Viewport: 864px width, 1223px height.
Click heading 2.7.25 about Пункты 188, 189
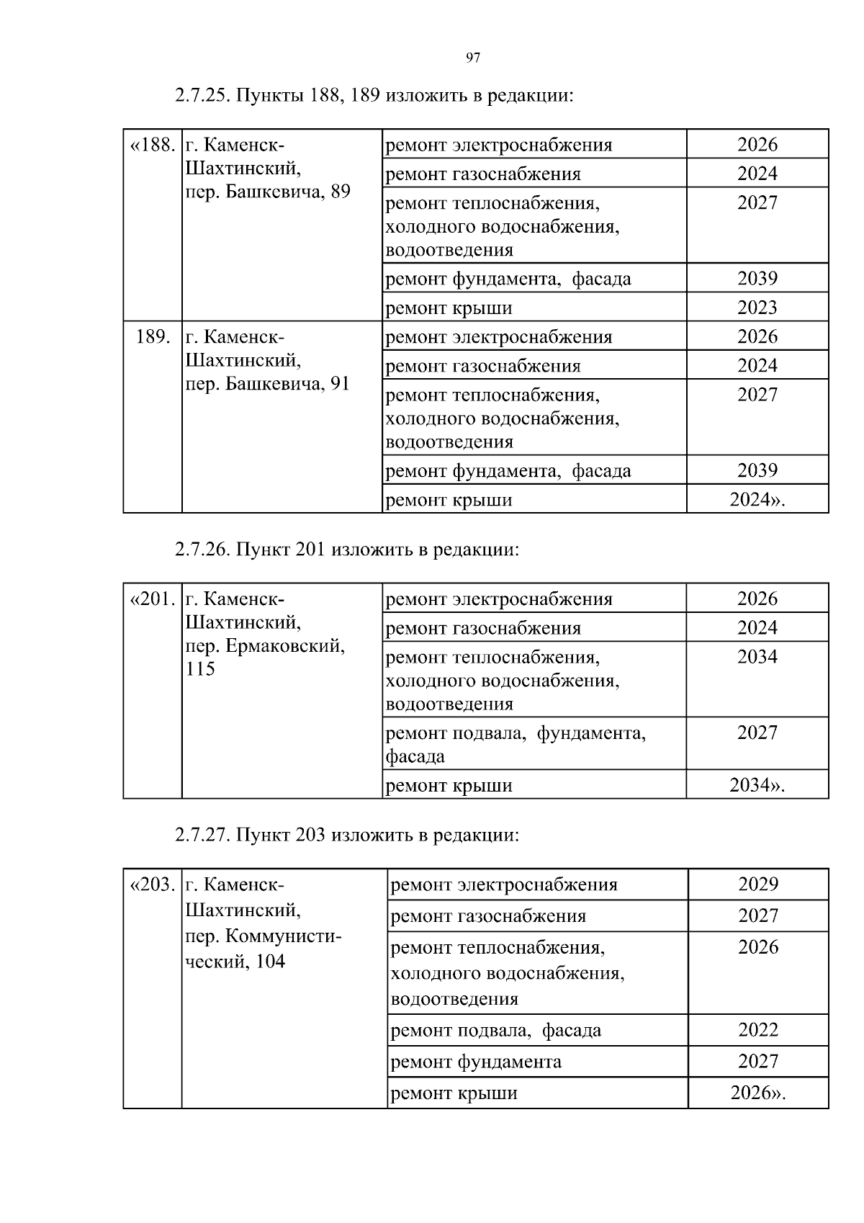click(374, 96)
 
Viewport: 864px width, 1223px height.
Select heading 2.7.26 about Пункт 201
click(346, 550)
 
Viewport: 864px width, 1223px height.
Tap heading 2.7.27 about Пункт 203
click(346, 835)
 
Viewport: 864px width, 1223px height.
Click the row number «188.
click(152, 145)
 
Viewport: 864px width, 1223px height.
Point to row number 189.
click(153, 337)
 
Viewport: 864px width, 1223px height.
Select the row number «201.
click(152, 599)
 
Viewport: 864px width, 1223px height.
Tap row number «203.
click(152, 884)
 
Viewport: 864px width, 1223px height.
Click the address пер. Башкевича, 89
click(268, 192)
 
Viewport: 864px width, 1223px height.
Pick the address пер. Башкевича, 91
click(268, 384)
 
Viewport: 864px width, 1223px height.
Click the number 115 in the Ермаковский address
click(200, 669)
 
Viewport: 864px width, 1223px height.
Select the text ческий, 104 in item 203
click(235, 962)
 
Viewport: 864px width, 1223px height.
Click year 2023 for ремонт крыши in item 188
click(757, 308)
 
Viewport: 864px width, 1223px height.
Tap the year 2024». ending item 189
click(757, 499)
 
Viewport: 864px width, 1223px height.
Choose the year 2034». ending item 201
click(757, 785)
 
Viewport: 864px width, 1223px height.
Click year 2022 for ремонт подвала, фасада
click(757, 1029)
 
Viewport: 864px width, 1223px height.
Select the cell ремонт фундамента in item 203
click(476, 1062)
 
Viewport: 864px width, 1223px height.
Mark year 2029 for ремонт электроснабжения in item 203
click(757, 884)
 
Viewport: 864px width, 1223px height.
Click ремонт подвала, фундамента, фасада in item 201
click(516, 744)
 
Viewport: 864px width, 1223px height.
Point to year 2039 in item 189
click(757, 470)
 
